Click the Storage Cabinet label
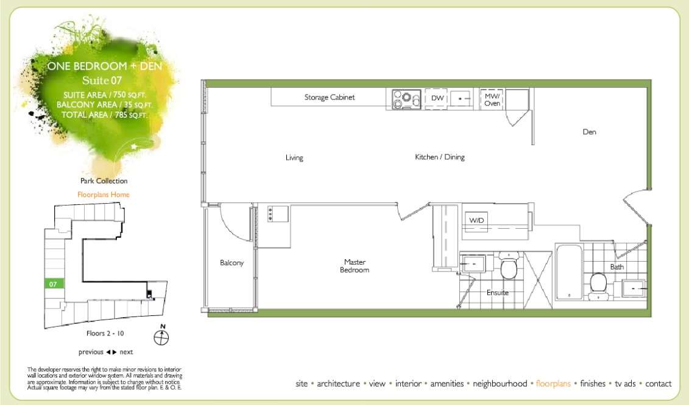pyautogui.click(x=330, y=98)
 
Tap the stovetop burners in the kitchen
pyautogui.click(x=403, y=99)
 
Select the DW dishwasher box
pyautogui.click(x=437, y=98)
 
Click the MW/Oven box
pyautogui.click(x=492, y=99)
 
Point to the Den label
pyautogui.click(x=589, y=132)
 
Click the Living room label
pyautogui.click(x=294, y=158)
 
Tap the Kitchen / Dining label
pyautogui.click(x=440, y=157)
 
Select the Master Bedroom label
pyautogui.click(x=354, y=266)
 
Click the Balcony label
pyautogui.click(x=231, y=263)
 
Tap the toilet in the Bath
pyautogui.click(x=598, y=284)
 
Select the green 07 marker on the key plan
pyautogui.click(x=54, y=284)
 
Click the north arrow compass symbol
pyautogui.click(x=162, y=335)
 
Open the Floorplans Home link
pyautogui.click(x=104, y=195)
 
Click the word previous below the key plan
pyautogui.click(x=91, y=352)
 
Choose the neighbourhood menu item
pyautogui.click(x=500, y=384)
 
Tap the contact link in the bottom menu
pyautogui.click(x=658, y=384)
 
